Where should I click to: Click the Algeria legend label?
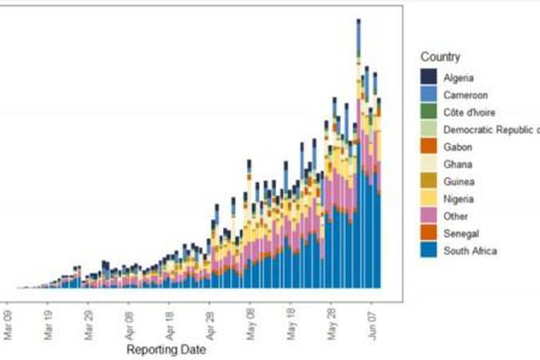pos(458,78)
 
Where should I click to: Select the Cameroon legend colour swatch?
pos(429,95)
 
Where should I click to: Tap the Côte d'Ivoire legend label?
pos(470,113)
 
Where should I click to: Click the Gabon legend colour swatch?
pos(429,146)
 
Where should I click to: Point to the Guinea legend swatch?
pos(429,181)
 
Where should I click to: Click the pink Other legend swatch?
pos(429,216)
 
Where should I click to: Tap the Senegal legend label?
pos(461,234)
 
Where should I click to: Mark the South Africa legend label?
pos(470,251)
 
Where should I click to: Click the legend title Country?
pos(440,57)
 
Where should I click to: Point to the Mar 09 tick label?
pos(8,325)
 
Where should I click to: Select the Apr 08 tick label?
pos(130,325)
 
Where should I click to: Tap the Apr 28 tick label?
pos(210,325)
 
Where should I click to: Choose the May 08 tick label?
pos(249,325)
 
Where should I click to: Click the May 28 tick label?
pos(331,325)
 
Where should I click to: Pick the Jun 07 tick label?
pos(371,325)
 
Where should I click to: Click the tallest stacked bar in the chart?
pos(359,154)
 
